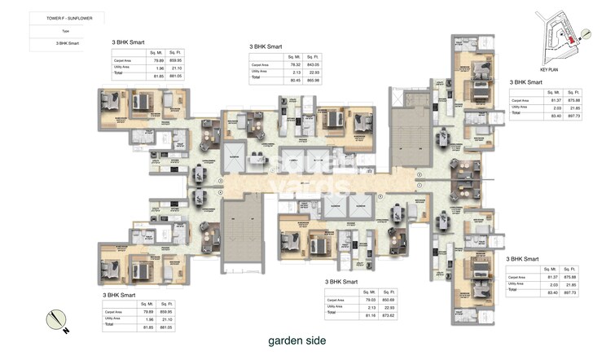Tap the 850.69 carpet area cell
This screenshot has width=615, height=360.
(389, 299)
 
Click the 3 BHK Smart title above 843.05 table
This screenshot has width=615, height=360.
(266, 47)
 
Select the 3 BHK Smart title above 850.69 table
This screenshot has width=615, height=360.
(341, 282)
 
